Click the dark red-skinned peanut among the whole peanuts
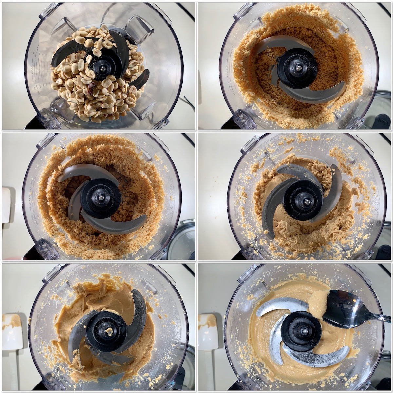coord(92,86)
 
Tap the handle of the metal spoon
coord(380,317)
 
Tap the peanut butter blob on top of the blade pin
coord(109,331)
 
